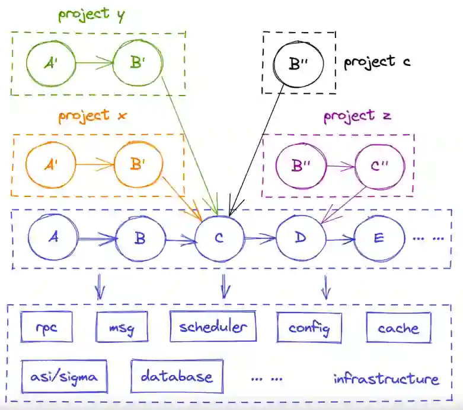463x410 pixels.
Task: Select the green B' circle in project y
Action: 138,62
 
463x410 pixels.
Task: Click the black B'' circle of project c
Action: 299,62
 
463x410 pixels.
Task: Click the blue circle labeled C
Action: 219,239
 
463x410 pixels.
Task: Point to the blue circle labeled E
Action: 379,239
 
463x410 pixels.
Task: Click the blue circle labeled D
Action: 301,239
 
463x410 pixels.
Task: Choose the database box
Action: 177,376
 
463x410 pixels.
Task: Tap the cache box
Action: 398,328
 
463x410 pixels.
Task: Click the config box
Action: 308,328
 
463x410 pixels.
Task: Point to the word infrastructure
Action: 386,379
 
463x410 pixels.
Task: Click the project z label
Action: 357,115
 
